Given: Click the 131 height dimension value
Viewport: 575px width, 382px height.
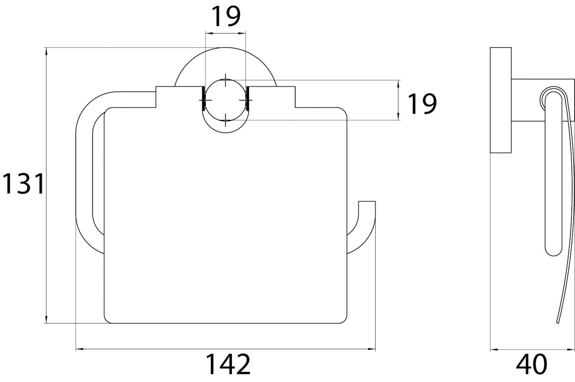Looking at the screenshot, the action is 23,184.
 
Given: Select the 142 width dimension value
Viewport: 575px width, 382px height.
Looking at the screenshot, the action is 228,364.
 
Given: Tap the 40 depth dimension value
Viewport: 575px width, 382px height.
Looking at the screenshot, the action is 531,364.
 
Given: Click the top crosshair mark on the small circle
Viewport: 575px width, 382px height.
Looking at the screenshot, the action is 225,80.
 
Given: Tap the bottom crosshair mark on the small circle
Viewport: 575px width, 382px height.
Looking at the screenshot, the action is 225,120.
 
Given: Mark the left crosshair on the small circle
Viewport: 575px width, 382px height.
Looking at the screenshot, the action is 205,100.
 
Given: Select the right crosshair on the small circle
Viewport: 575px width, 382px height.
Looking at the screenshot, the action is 246,100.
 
